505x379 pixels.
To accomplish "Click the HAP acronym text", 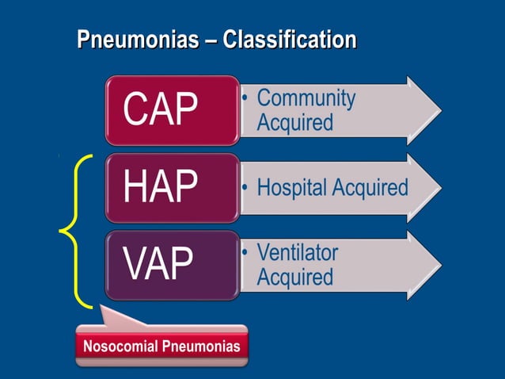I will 160,188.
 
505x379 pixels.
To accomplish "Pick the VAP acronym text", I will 158,265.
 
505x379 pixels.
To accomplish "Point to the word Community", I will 306,98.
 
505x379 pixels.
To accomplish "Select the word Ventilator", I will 298,253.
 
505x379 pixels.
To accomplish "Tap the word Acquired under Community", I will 294,123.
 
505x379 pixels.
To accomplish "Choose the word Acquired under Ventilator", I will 294,278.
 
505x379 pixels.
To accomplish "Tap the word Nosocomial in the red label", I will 121,346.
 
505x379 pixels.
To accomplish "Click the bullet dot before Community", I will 246,99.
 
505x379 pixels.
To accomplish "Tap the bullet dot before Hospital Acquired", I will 246,189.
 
